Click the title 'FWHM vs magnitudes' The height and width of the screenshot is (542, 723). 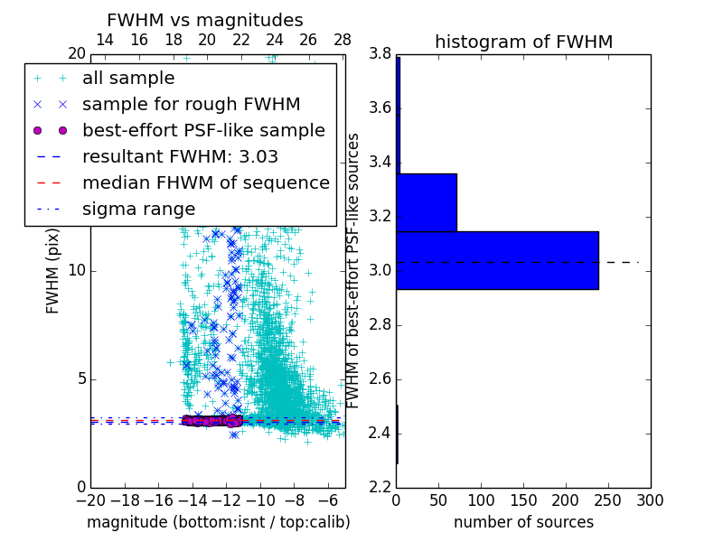pyautogui.click(x=204, y=20)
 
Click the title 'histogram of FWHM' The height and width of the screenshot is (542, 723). pyautogui.click(x=523, y=42)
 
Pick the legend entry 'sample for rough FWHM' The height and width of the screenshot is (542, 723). pyautogui.click(x=191, y=104)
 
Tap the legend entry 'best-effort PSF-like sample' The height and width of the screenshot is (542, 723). pyautogui.click(x=203, y=130)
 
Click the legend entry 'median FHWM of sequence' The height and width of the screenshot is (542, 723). pyautogui.click(x=205, y=182)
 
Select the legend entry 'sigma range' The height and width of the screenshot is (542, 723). pyautogui.click(x=138, y=209)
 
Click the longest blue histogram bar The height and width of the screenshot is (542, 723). pyautogui.click(x=497, y=260)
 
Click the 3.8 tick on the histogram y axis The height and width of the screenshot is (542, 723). pyautogui.click(x=379, y=54)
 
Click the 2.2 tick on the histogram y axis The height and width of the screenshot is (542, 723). pyautogui.click(x=379, y=487)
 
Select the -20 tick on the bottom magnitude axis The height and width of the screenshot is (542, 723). pyautogui.click(x=90, y=500)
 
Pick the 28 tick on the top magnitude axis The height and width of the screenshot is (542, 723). pyautogui.click(x=343, y=40)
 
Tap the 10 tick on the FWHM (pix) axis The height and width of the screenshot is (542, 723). pyautogui.click(x=78, y=271)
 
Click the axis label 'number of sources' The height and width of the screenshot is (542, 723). pyautogui.click(x=523, y=522)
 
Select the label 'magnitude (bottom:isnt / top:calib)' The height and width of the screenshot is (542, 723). pyautogui.click(x=218, y=522)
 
